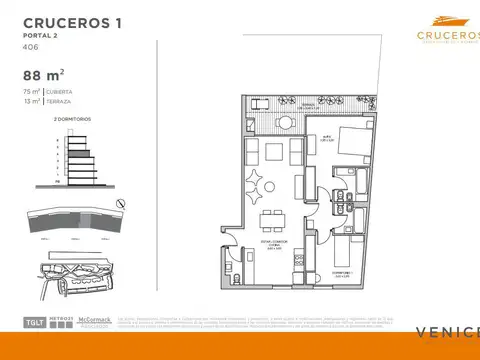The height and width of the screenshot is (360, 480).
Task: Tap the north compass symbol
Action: pyautogui.click(x=120, y=203)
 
